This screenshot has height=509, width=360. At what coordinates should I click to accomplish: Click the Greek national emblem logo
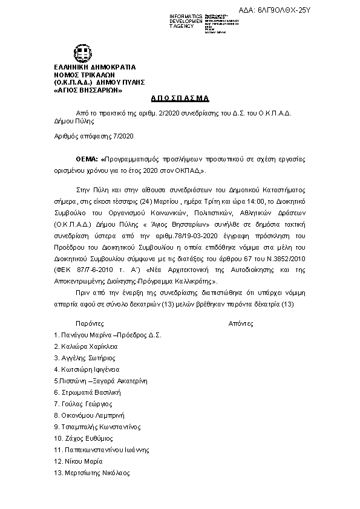tap(83, 53)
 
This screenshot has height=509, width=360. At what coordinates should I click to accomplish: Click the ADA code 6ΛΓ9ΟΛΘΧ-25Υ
tap(309, 11)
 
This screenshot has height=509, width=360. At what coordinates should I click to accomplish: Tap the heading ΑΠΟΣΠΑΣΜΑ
tap(180, 98)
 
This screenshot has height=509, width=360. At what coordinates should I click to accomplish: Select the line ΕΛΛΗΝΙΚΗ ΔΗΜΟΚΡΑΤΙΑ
tap(95, 66)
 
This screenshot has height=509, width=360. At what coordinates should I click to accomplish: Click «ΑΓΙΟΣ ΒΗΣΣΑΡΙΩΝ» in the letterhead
tap(88, 90)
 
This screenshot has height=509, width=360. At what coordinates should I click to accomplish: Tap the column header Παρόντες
tap(90, 323)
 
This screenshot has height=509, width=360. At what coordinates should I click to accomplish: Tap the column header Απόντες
tap(241, 323)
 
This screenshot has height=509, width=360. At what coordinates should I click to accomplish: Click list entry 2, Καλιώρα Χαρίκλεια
tap(88, 346)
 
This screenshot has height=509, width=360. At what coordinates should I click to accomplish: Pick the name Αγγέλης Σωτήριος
tap(88, 358)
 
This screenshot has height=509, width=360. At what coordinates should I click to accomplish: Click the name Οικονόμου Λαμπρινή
tap(92, 415)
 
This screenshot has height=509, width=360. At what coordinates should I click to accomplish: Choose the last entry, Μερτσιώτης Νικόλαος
tap(97, 473)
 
